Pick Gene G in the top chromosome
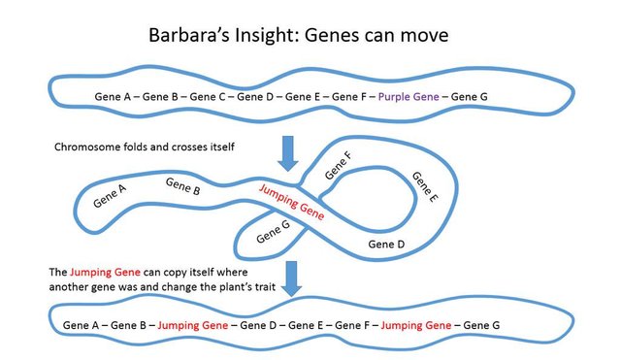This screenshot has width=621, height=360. (x=470, y=96)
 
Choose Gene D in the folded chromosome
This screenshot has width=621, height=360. (x=386, y=244)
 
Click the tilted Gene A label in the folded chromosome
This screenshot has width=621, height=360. (x=110, y=196)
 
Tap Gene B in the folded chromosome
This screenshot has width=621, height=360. (x=183, y=184)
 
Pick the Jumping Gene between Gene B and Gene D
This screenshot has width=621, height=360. (x=192, y=322)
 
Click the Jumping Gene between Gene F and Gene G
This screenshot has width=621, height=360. (x=415, y=322)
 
